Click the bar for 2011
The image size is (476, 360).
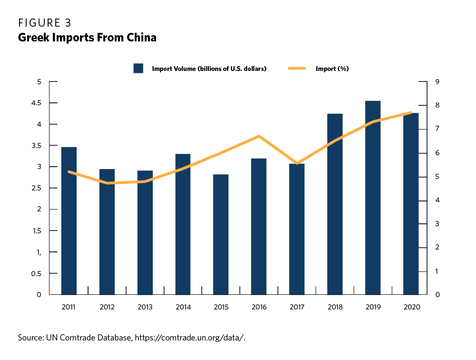pos(69,221)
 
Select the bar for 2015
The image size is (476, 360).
pos(221,234)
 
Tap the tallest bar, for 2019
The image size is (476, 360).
pos(373,198)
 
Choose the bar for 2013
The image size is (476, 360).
pos(145,232)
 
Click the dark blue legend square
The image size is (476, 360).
pos(139,69)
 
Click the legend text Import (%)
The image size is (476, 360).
pos(332,69)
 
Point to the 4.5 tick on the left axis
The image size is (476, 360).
pos(37,103)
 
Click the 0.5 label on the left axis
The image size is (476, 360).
pos(37,273)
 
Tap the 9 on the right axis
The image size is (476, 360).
pos(437,82)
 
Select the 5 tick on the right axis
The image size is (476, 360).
pos(437,177)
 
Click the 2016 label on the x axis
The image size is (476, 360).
pos(259,308)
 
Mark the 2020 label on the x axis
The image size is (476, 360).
pos(411,308)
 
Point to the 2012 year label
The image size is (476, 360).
pos(107,308)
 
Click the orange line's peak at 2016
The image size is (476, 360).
pos(258,136)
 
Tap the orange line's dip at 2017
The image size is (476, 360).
pos(297,163)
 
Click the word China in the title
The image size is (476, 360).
pos(142,38)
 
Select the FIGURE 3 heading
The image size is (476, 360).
pos(45,22)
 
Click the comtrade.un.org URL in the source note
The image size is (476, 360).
pos(190,338)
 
